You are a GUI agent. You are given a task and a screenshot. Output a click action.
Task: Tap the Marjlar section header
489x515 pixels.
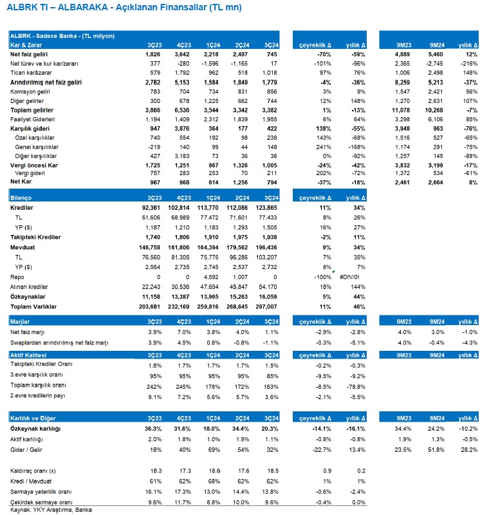pos(21,321)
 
